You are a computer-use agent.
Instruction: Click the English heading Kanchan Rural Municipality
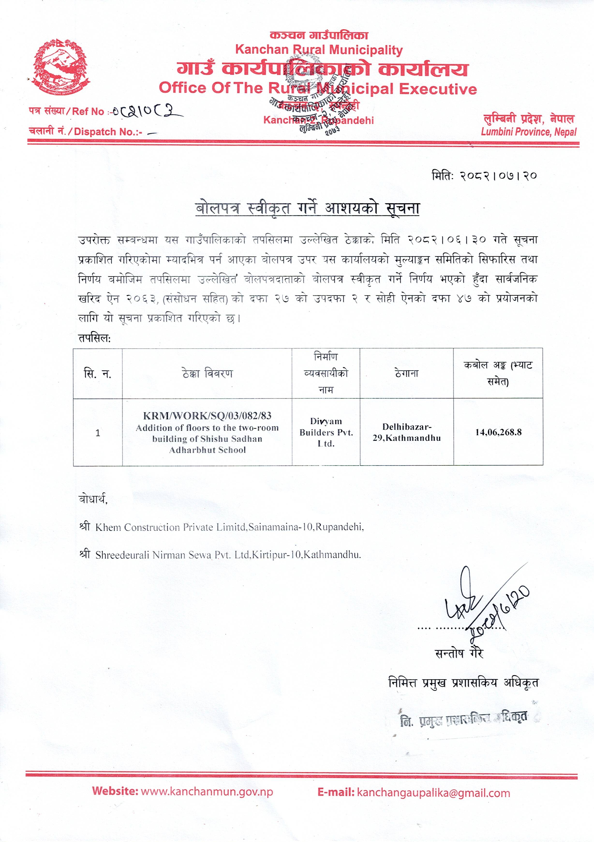pos(319,50)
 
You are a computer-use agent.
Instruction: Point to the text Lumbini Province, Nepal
pos(529,132)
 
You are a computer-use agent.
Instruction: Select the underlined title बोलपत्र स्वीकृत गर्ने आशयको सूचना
pos(307,208)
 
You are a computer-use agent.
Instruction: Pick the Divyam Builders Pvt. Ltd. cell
pos(326,432)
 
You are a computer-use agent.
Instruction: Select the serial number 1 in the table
pos(98,433)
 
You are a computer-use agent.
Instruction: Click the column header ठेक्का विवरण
pos(207,374)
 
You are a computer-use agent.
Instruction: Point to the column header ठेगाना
pos(407,374)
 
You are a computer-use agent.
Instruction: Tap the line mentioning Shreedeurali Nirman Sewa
pos(228,555)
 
